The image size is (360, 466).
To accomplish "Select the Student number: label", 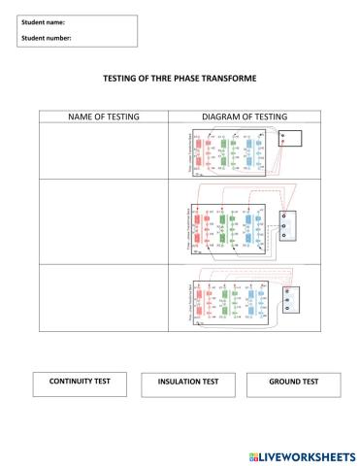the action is coord(45,38).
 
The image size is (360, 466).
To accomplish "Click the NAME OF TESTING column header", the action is coord(103,116).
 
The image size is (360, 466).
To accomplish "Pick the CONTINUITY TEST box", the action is coord(80,382).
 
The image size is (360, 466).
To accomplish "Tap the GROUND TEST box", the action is coord(293,382).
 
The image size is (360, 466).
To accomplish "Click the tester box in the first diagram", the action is coord(288,137).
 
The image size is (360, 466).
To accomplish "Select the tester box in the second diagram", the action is coord(288,224).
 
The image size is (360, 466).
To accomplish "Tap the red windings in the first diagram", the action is coord(201,152).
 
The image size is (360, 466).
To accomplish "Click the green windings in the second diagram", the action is coord(225,230).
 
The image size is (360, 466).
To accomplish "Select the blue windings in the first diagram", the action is coord(249,152).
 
